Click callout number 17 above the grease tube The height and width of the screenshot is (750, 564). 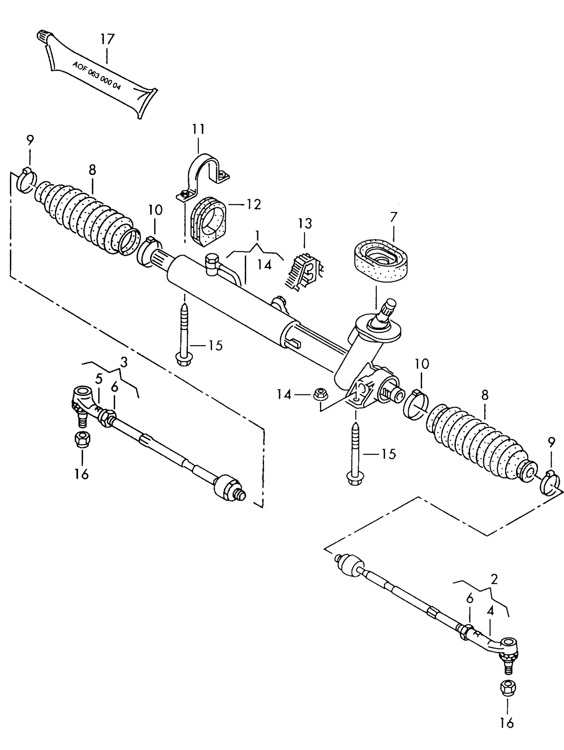[107, 39]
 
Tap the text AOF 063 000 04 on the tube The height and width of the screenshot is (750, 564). [96, 76]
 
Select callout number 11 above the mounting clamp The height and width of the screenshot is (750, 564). [198, 129]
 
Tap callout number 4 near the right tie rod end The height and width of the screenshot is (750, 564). [490, 611]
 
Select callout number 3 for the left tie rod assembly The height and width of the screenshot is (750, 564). [124, 363]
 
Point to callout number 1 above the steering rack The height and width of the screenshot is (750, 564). [257, 235]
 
